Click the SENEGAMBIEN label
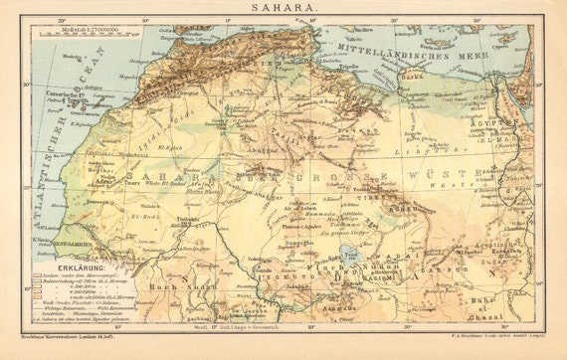(x=61, y=241)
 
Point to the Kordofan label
(x=504, y=256)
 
